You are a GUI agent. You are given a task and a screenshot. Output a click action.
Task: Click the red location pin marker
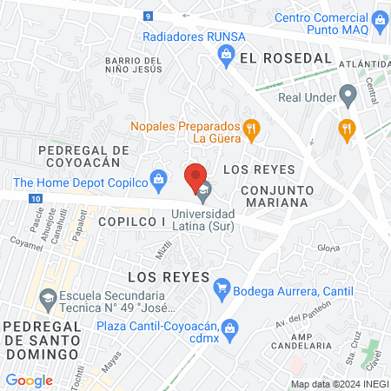pyautogui.click(x=195, y=176)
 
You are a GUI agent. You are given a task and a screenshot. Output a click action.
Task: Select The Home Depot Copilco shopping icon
pyautogui.click(x=158, y=182)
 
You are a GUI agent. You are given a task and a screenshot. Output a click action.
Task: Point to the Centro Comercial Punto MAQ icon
pyautogui.click(x=380, y=18)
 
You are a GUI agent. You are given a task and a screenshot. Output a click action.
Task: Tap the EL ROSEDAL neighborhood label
pyautogui.click(x=286, y=57)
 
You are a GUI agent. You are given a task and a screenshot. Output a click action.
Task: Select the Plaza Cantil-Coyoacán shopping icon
pyautogui.click(x=230, y=328)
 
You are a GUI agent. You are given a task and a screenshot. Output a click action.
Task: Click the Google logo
pyautogui.click(x=29, y=380)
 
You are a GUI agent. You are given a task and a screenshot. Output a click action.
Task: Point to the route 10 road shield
pyautogui.click(x=34, y=199)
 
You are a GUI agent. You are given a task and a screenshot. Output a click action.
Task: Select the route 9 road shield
pyautogui.click(x=149, y=16)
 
